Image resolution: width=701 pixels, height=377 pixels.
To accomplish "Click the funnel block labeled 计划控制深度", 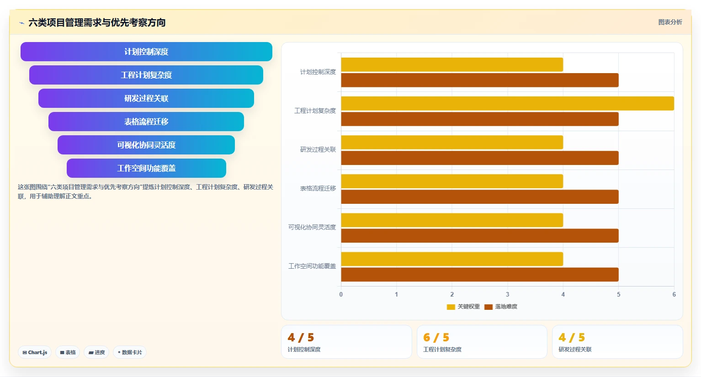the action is coord(146,52).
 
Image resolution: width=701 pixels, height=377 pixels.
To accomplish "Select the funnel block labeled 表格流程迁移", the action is coord(146,122).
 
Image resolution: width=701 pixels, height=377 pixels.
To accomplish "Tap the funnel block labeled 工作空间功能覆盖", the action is coord(146,168).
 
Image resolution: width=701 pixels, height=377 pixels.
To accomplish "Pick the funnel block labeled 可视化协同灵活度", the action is coord(146,145).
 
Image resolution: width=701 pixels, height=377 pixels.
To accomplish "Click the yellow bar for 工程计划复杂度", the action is coord(507,104).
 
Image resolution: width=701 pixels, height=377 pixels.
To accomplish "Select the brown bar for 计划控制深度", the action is coord(480,80).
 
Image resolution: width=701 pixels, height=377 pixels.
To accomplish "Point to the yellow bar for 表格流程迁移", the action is coord(452,181).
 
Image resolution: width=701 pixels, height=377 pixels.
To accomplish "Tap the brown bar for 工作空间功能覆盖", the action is coord(480,274).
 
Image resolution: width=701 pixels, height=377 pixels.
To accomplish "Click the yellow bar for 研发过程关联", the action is coord(452,143).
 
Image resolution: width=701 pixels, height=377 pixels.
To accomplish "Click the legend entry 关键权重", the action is coord(463,307).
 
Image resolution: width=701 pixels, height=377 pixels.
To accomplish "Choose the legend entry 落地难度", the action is coord(501,307).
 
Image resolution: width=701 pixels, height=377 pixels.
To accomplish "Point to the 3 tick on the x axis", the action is coord(507,294).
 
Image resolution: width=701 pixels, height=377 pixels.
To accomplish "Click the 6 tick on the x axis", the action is coord(674,294).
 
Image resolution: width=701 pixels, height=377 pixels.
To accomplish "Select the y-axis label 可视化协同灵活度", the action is coord(312,227).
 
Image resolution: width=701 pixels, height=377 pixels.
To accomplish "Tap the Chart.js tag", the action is coord(35,352).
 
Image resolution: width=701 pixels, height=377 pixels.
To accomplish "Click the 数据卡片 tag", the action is coord(130,352).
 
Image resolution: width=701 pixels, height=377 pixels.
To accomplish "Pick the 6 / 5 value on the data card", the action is coord(436,337).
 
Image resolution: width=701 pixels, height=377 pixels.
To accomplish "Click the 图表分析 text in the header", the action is coord(670,22).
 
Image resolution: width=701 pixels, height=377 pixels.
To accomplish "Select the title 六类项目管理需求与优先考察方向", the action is coord(97,22).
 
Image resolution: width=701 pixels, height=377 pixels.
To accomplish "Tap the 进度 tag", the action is coord(96,352).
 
